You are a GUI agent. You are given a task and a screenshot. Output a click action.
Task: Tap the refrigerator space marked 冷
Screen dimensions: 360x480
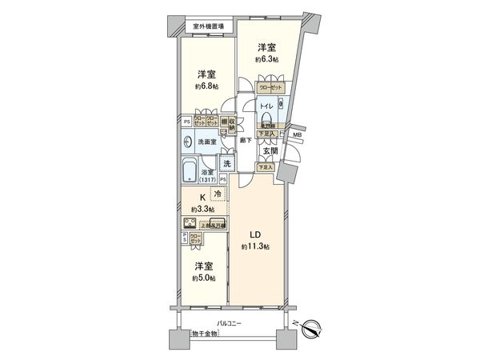218,193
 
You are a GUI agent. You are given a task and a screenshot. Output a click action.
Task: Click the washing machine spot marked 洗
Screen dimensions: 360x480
227,164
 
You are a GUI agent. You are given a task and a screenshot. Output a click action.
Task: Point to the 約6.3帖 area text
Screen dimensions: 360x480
267,58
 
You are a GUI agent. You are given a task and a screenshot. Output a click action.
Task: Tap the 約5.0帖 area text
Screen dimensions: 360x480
203,278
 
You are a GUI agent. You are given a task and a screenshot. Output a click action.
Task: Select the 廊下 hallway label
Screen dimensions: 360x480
246,141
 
